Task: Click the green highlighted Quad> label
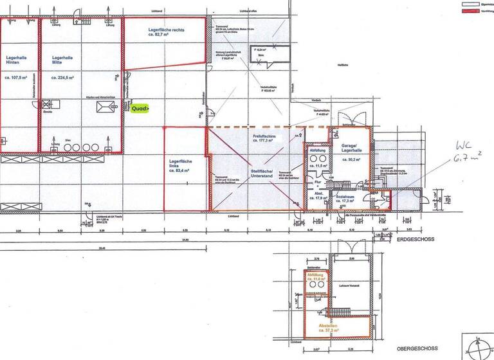(x=140, y=109)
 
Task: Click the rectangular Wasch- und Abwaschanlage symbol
(x=104, y=107)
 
